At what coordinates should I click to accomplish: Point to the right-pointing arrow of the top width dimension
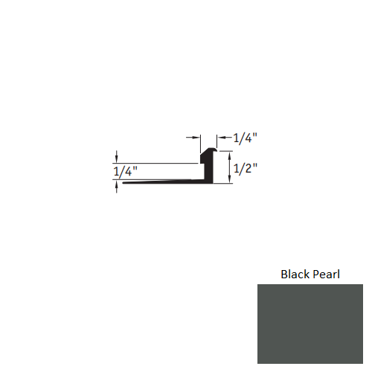(x=198, y=138)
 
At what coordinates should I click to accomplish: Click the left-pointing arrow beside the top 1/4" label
(x=220, y=138)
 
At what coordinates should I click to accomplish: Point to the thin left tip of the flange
(x=125, y=183)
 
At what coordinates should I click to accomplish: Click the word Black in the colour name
(x=295, y=274)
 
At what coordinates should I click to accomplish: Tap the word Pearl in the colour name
(x=327, y=274)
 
